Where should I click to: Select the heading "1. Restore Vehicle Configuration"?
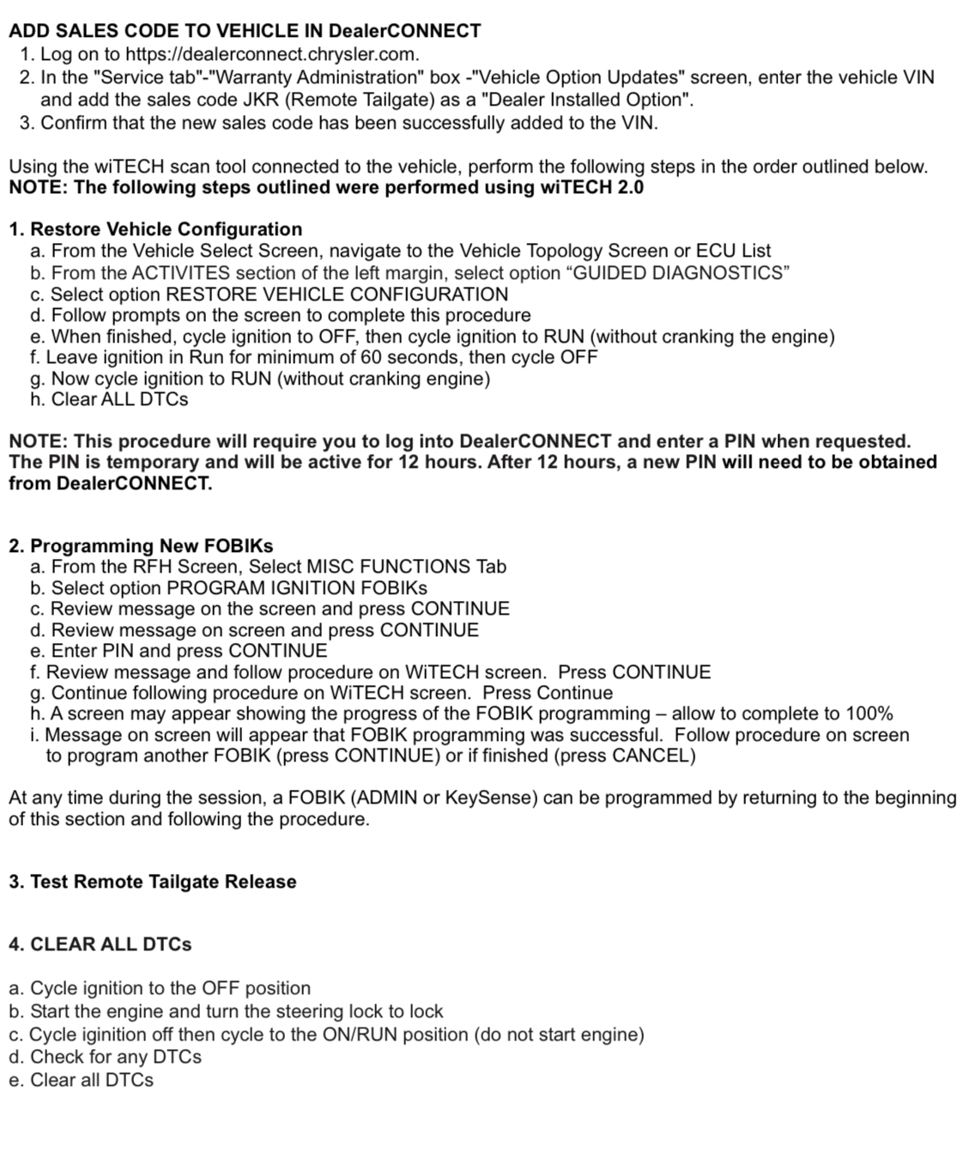[155, 229]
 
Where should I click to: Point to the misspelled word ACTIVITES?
[181, 273]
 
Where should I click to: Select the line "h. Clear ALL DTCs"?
[108, 399]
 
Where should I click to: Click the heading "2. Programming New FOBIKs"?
[141, 546]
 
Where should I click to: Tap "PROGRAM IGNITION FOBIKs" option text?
[296, 588]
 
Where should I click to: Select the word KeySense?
[489, 798]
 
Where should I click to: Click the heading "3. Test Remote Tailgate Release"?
[153, 882]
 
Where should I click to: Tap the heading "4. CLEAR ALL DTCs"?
[100, 944]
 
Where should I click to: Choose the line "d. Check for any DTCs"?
[105, 1057]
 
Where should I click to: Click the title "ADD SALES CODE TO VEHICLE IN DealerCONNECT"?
[245, 31]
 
